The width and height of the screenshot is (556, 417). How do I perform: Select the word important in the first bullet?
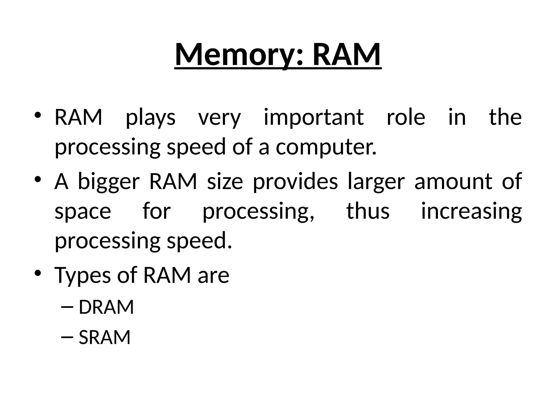pyautogui.click(x=314, y=117)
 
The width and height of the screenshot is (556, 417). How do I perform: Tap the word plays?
pyautogui.click(x=151, y=117)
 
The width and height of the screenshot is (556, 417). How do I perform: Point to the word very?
pyautogui.click(x=219, y=117)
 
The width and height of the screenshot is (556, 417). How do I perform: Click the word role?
pyautogui.click(x=406, y=117)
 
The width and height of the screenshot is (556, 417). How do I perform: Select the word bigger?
pyautogui.click(x=109, y=181)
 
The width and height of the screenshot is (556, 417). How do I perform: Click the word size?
pyautogui.click(x=225, y=181)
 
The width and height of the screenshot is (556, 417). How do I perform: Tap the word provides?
pyautogui.click(x=295, y=181)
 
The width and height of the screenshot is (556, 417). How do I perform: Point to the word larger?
pyautogui.click(x=376, y=181)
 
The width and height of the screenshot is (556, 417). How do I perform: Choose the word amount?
pyautogui.click(x=453, y=181)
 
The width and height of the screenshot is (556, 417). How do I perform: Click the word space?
pyautogui.click(x=83, y=211)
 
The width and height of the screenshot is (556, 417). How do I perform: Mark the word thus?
pyautogui.click(x=368, y=211)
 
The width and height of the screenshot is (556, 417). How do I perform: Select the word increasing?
pyautogui.click(x=471, y=211)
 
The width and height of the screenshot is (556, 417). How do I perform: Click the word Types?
pyautogui.click(x=83, y=275)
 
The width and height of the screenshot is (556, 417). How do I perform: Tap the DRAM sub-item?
pyautogui.click(x=106, y=307)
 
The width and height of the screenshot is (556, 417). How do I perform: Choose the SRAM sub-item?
pyautogui.click(x=105, y=337)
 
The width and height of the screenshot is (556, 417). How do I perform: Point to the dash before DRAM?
pyautogui.click(x=67, y=307)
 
